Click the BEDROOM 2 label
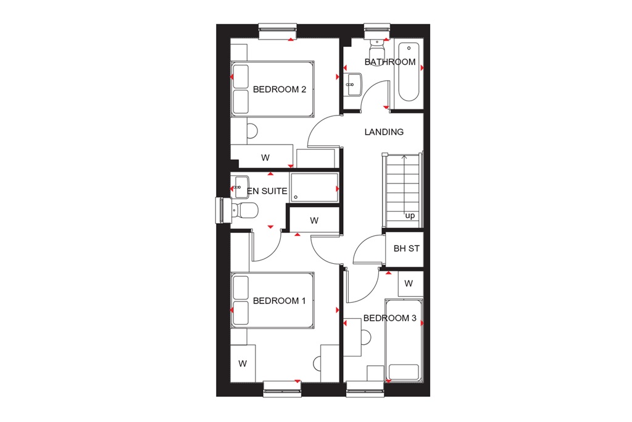coord(280,89)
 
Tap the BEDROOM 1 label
coord(280,301)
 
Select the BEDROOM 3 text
coord(389,318)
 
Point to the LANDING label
coord(384,132)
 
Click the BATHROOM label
coord(389,62)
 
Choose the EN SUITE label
coord(267,192)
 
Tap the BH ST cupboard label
coord(406,249)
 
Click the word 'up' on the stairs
coord(410,216)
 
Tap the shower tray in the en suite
coord(314,187)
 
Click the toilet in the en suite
coord(245,211)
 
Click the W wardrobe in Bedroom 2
coord(265,158)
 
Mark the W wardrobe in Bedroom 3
coord(408,283)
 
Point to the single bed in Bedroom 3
coord(404,340)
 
